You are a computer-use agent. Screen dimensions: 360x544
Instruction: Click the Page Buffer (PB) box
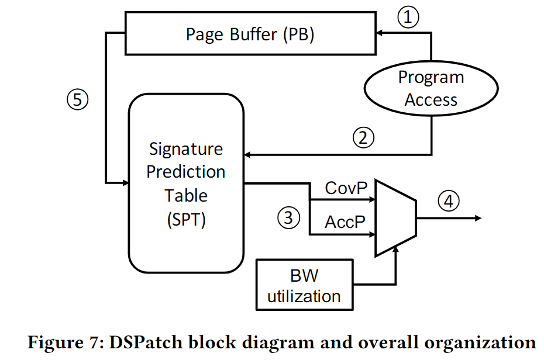[x=250, y=34]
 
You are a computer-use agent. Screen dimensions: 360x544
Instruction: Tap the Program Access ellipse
[x=431, y=89]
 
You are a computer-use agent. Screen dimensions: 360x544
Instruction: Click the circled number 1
[x=409, y=17]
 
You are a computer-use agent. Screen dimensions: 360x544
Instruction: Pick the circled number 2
[x=363, y=137]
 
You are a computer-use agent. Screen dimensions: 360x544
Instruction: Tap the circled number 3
[x=288, y=218]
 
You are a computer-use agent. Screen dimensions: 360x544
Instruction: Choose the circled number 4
[x=448, y=201]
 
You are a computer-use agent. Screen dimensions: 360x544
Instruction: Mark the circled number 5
[x=77, y=100]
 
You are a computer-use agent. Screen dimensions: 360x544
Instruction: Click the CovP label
[x=345, y=188]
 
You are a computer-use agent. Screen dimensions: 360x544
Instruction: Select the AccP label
[x=345, y=222]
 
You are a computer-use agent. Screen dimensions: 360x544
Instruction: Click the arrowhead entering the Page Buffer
[x=379, y=34]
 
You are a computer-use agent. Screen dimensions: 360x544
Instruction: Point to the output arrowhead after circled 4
[x=478, y=218]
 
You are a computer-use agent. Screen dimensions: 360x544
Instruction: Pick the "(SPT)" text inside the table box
[x=186, y=220]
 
